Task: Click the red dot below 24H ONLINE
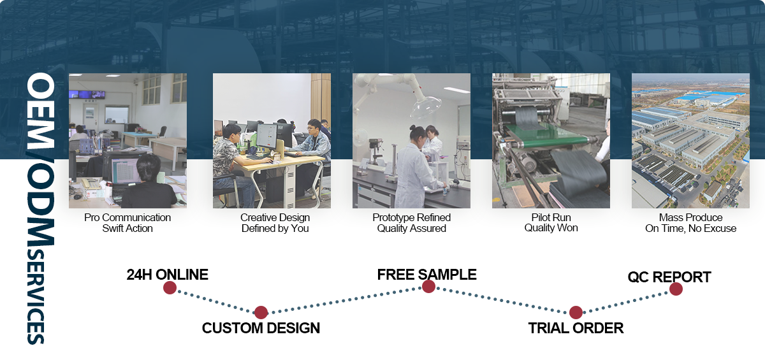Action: click(x=170, y=287)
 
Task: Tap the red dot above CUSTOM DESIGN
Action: click(x=261, y=312)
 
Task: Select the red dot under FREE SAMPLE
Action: click(x=428, y=286)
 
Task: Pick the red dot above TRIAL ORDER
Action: click(x=576, y=312)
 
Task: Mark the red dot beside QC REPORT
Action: click(x=676, y=289)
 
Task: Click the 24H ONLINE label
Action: click(x=167, y=275)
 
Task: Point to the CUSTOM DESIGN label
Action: click(x=261, y=328)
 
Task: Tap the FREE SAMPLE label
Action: click(x=427, y=275)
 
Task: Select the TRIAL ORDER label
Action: click(x=576, y=328)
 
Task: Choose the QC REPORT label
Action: click(x=669, y=277)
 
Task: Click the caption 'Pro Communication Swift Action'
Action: click(x=127, y=223)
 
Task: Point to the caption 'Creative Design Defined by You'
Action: click(x=275, y=223)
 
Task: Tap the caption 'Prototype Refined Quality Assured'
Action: click(x=412, y=223)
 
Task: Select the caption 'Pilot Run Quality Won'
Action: click(x=551, y=222)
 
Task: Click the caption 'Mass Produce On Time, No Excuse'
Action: click(x=690, y=223)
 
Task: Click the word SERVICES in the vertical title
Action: click(x=36, y=296)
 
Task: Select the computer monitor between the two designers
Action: click(x=266, y=136)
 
